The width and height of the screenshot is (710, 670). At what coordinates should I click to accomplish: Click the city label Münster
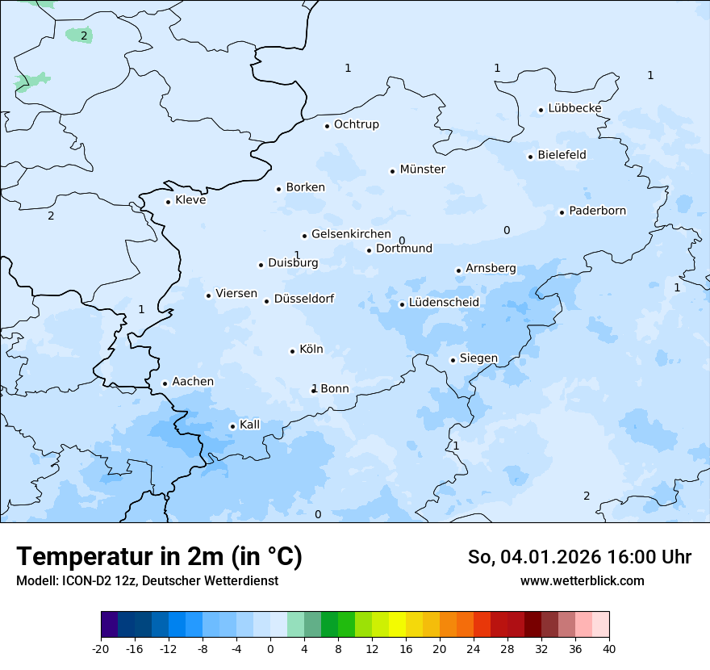[422, 170]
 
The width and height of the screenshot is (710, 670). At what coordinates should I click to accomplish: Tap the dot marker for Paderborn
[562, 212]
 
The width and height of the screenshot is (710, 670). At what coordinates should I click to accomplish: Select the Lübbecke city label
[574, 108]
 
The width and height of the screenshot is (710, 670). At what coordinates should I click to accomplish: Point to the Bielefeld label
[562, 155]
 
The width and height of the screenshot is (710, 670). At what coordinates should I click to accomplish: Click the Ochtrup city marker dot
[327, 126]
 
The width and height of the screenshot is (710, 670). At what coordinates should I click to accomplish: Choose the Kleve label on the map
[190, 200]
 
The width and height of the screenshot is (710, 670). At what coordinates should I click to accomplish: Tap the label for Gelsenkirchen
[351, 234]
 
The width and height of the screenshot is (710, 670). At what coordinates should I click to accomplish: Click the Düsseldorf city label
[303, 299]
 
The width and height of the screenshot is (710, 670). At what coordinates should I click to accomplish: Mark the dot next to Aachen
[165, 384]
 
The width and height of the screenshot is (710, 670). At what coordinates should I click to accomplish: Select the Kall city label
[250, 425]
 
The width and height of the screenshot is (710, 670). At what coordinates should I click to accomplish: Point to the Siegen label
[478, 358]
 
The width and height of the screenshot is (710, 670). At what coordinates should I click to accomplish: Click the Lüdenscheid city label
[444, 303]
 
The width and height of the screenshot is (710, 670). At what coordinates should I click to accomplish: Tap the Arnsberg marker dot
[458, 271]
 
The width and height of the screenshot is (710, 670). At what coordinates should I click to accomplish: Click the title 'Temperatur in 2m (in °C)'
[159, 557]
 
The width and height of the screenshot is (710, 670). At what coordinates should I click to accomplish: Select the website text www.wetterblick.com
[582, 580]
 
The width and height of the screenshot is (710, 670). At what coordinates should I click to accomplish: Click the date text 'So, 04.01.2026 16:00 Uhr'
[579, 557]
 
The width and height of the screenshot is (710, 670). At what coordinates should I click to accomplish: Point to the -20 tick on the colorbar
[101, 649]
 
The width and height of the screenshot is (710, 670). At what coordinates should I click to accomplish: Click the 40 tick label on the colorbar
[609, 649]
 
